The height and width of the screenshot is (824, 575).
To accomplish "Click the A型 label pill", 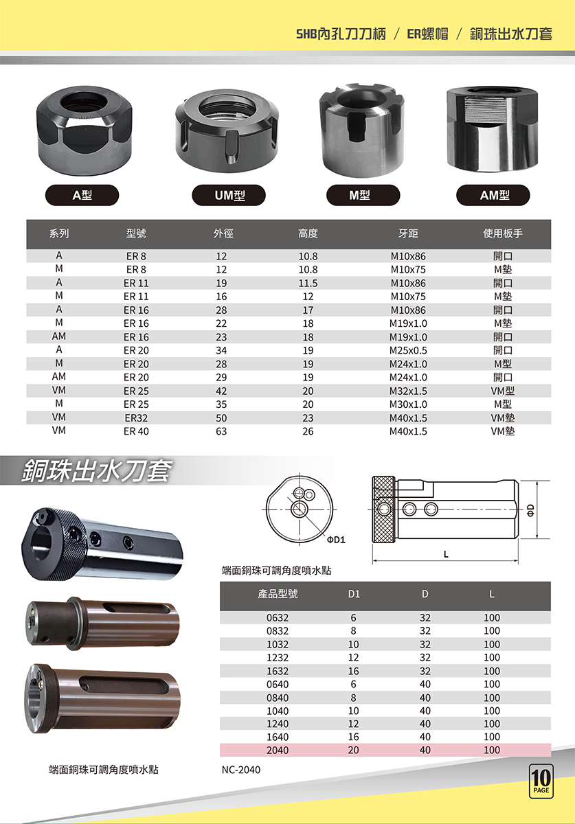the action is pyautogui.click(x=82, y=195).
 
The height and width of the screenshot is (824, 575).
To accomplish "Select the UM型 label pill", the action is pyautogui.click(x=229, y=195).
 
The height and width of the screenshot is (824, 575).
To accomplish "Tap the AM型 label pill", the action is pyautogui.click(x=493, y=195).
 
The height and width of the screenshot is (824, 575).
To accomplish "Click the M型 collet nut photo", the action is pyautogui.click(x=361, y=129).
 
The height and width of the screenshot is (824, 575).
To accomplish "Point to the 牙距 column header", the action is pyautogui.click(x=408, y=233).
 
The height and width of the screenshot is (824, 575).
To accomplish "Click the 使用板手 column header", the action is pyautogui.click(x=502, y=233).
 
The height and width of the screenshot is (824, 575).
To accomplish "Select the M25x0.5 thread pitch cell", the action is pyautogui.click(x=408, y=350).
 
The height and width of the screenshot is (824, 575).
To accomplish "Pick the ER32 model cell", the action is pyautogui.click(x=136, y=418).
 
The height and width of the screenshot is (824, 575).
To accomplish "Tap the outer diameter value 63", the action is pyautogui.click(x=221, y=431).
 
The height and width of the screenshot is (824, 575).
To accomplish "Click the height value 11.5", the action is pyautogui.click(x=308, y=283).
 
